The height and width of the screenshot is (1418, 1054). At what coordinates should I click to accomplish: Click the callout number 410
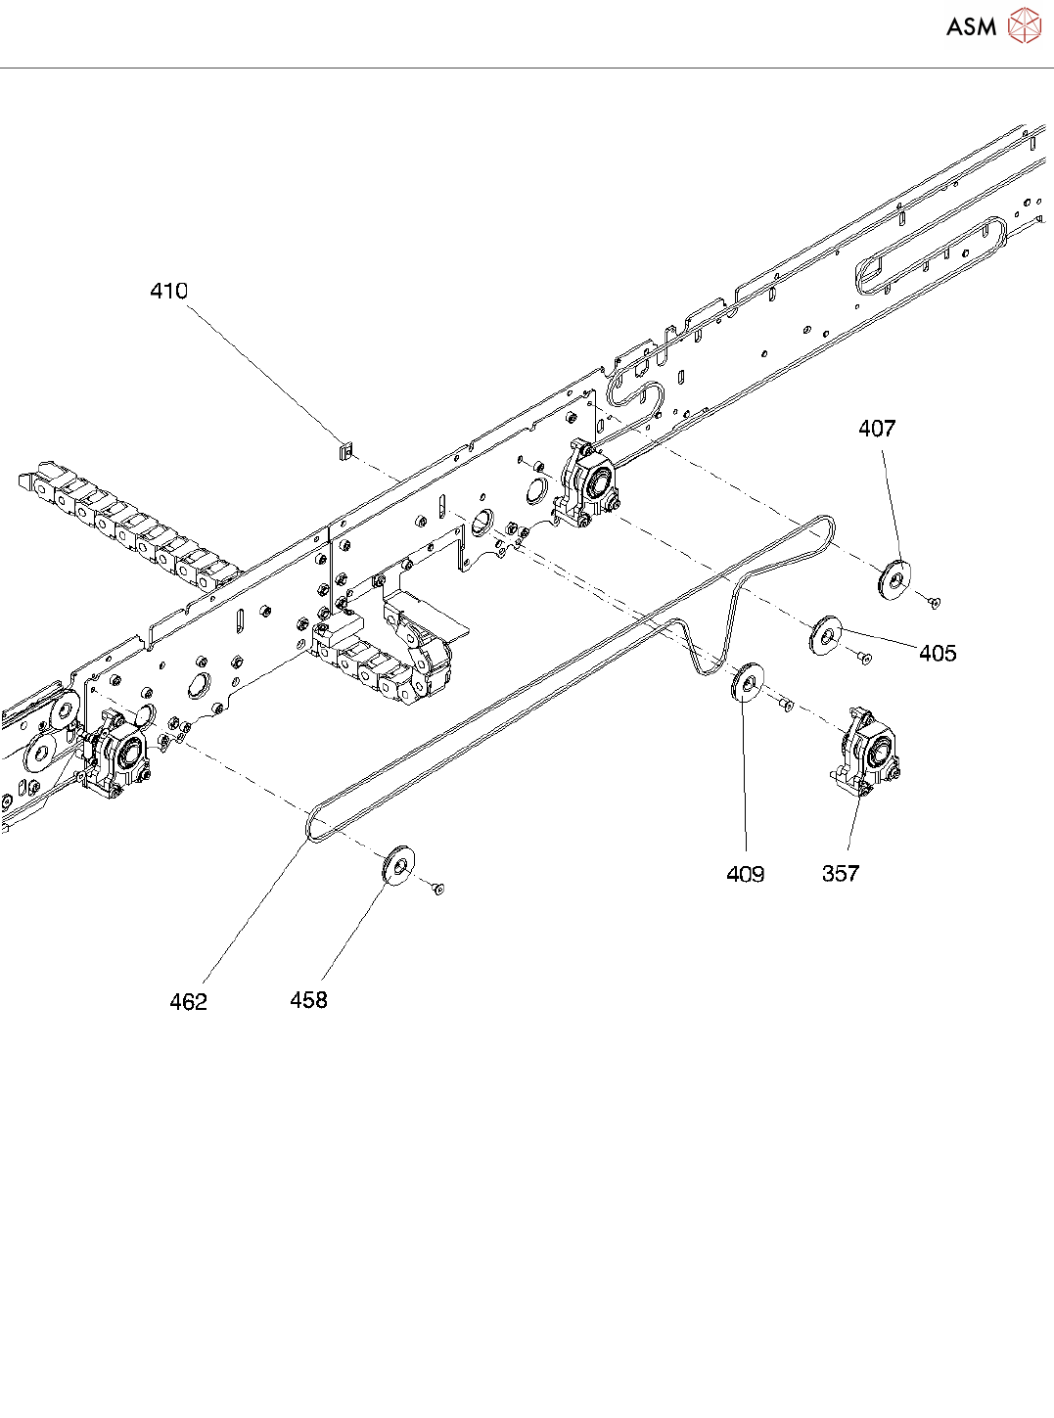169,292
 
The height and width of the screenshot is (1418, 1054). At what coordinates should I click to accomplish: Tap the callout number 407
877,429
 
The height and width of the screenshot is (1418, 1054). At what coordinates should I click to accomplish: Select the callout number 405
938,653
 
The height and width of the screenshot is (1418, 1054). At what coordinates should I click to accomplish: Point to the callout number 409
745,873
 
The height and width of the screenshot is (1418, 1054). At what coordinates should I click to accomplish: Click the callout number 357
841,873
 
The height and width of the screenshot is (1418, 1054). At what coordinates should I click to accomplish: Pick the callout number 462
188,1001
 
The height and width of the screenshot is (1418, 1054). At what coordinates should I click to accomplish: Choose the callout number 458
308,999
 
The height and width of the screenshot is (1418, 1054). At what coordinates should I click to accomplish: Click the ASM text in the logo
972,27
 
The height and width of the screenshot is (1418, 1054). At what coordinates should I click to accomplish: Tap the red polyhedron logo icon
1024,25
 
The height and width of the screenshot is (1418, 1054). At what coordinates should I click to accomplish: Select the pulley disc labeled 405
826,635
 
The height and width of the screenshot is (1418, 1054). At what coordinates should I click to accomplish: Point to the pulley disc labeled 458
398,866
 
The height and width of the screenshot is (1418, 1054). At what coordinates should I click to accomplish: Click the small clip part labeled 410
345,453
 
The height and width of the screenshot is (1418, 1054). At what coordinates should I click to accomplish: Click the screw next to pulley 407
935,602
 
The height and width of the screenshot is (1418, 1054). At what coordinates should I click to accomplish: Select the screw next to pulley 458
437,888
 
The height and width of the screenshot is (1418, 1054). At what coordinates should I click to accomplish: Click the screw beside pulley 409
786,704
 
